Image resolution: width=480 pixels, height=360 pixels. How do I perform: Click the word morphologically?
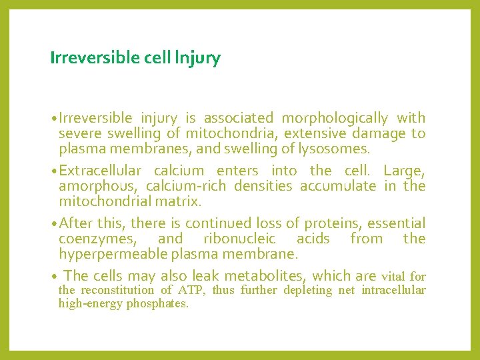click(x=334, y=119)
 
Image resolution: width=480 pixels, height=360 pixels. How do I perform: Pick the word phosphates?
click(x=157, y=304)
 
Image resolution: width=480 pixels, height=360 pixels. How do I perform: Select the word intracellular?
click(x=393, y=290)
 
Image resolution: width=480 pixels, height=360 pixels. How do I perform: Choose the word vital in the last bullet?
click(x=394, y=276)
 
